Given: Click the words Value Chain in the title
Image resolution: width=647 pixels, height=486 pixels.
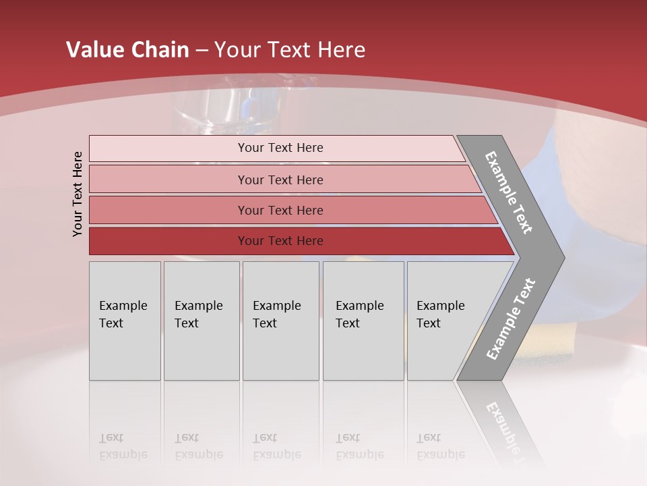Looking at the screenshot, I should (127, 50).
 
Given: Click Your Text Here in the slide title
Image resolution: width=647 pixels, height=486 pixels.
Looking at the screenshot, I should (290, 50).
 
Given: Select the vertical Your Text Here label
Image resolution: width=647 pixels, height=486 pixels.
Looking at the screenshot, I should (78, 194).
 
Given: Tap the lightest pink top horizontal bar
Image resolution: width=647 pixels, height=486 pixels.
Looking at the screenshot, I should (168, 148).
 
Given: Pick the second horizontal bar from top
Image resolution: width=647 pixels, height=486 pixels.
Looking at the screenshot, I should (168, 180).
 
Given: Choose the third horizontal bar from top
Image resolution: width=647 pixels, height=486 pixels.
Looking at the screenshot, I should (168, 210).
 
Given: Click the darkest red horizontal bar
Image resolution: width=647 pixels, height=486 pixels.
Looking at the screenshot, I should (168, 241).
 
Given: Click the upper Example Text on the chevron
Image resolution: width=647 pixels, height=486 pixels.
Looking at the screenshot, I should (509, 192).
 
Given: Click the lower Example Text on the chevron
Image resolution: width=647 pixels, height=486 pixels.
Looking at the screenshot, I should (511, 319).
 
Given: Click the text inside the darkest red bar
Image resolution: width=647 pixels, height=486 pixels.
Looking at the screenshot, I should (280, 241).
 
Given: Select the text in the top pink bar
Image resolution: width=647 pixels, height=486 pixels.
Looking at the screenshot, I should (280, 148).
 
